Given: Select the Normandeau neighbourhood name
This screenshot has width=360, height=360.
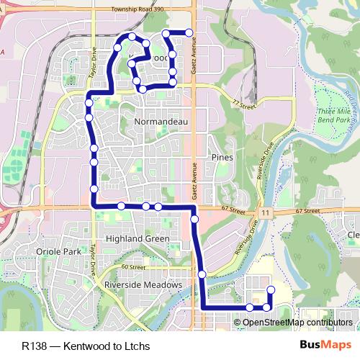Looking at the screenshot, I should [x=161, y=122].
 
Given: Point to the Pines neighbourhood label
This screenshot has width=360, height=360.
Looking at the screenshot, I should [x=220, y=156].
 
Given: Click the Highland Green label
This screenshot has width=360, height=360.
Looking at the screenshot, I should [x=137, y=238].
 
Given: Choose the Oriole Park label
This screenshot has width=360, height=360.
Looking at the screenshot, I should [x=58, y=251].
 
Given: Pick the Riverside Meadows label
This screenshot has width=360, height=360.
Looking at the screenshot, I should [x=143, y=285].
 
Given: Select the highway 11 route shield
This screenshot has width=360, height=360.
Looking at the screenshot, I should [x=266, y=214].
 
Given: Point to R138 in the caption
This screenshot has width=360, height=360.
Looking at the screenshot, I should [x=35, y=346].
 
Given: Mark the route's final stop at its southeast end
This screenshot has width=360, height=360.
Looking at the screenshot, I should [x=271, y=290].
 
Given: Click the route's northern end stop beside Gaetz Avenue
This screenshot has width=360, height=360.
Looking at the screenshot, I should [x=189, y=32].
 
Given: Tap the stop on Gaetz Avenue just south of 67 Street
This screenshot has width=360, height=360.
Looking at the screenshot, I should [x=194, y=218].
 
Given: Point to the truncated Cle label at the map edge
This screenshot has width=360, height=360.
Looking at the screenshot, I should [x=353, y=235].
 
